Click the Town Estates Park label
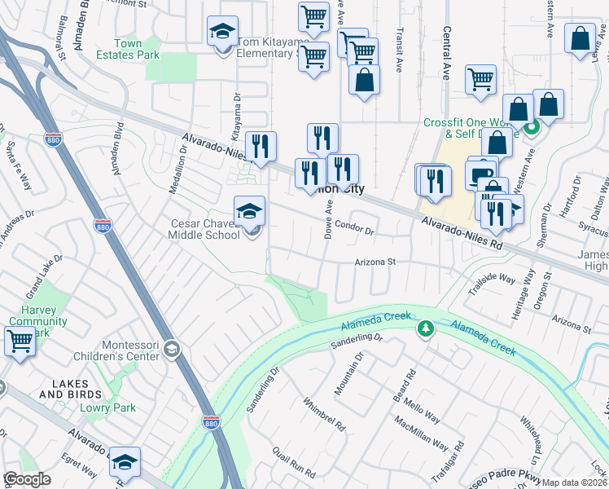(128, 49)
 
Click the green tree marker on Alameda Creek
(424, 328)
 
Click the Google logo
(27, 479)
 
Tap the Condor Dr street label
(354, 231)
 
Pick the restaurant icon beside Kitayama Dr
(261, 147)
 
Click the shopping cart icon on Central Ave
(480, 81)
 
